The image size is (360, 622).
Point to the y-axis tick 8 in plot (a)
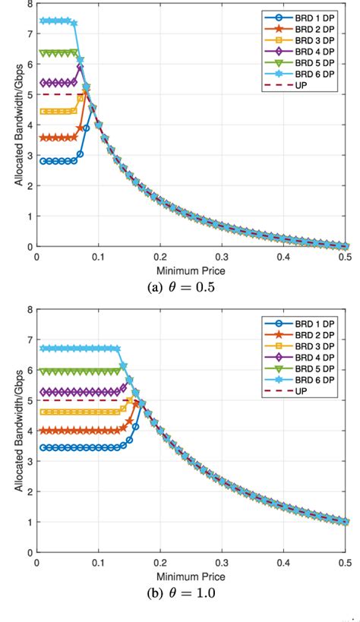28,4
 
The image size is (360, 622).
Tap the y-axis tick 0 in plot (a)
28,247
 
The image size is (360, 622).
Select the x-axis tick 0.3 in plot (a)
221,257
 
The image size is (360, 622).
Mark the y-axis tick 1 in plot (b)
28,523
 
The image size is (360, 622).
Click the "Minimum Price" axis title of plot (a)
191,270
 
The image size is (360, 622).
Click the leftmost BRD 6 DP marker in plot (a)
43,21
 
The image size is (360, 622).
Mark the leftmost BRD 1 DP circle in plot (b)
43,448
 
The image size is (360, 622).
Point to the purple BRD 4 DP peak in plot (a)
80,68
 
